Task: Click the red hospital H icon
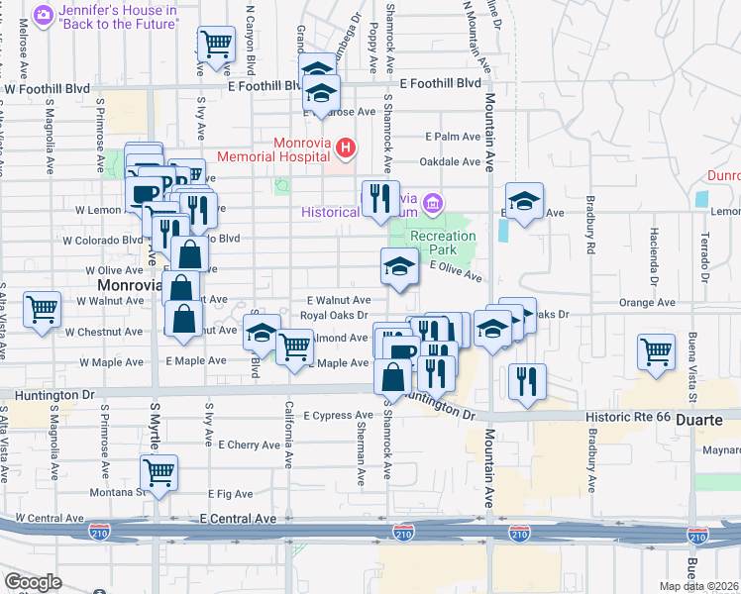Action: [x=345, y=149]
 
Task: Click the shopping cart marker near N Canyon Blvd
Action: [x=216, y=44]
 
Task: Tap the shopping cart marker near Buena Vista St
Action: [x=657, y=350]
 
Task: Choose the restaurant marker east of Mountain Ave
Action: [x=527, y=380]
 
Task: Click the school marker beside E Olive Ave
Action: [x=398, y=265]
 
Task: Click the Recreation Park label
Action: [x=443, y=244]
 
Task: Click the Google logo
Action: [x=33, y=582]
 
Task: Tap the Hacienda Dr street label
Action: [x=654, y=254]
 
